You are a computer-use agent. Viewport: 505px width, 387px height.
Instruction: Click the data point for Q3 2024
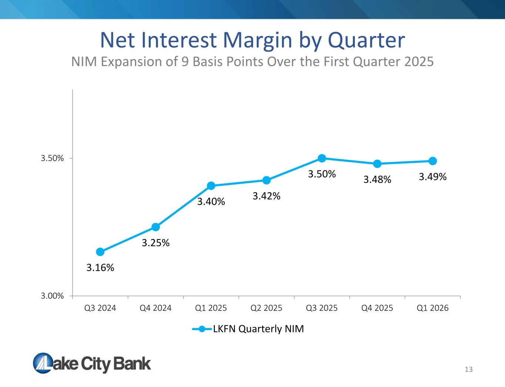pyautogui.click(x=100, y=252)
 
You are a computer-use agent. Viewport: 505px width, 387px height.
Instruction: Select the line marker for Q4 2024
pyautogui.click(x=155, y=227)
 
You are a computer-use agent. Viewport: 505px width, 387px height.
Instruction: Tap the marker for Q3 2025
pyautogui.click(x=322, y=158)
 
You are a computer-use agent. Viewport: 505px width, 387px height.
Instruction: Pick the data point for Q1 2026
pyautogui.click(x=432, y=161)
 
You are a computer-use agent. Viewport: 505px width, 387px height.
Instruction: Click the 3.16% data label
pyautogui.click(x=100, y=268)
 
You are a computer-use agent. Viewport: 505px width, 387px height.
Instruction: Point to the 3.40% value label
pyautogui.click(x=211, y=201)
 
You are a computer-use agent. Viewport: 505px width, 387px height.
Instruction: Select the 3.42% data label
pyautogui.click(x=266, y=196)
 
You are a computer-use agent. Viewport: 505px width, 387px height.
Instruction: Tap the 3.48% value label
pyautogui.click(x=377, y=180)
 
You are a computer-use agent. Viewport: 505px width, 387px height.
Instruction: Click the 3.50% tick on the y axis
pyautogui.click(x=52, y=158)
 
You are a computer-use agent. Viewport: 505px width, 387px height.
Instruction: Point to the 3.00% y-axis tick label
pyautogui.click(x=52, y=296)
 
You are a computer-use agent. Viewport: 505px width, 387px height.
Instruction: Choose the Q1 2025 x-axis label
pyautogui.click(x=211, y=308)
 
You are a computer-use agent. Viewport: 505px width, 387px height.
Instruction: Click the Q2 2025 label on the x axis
pyautogui.click(x=266, y=308)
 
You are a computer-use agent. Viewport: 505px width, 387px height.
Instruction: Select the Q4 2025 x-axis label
pyautogui.click(x=377, y=308)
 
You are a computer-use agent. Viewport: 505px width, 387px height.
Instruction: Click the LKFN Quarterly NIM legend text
pyautogui.click(x=259, y=329)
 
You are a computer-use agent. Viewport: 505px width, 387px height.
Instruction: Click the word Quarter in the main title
pyautogui.click(x=367, y=40)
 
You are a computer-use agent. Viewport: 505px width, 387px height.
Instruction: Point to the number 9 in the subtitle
pyautogui.click(x=185, y=62)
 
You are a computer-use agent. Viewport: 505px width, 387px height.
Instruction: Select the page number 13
pyautogui.click(x=468, y=369)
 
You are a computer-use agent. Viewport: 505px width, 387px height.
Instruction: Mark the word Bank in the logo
pyautogui.click(x=132, y=364)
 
